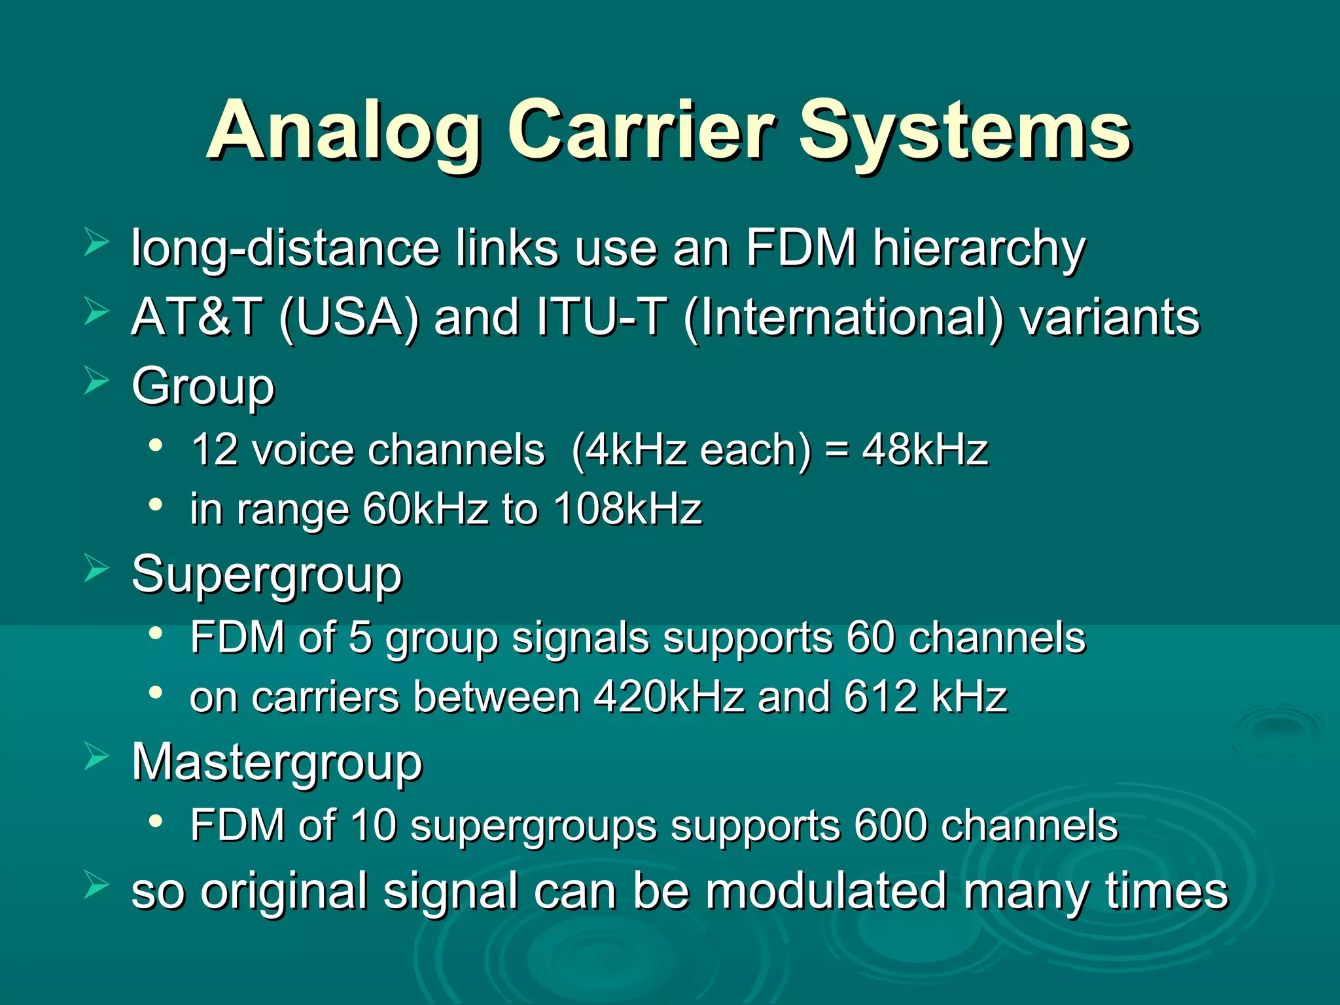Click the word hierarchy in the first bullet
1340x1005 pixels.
979,249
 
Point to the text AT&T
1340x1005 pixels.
197,317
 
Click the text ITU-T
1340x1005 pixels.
602,317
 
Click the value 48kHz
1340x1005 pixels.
925,450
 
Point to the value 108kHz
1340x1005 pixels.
628,509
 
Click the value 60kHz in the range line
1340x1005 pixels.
425,509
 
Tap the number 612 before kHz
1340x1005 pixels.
880,697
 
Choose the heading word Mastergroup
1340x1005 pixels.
277,763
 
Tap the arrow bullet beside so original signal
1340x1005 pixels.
96,887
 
